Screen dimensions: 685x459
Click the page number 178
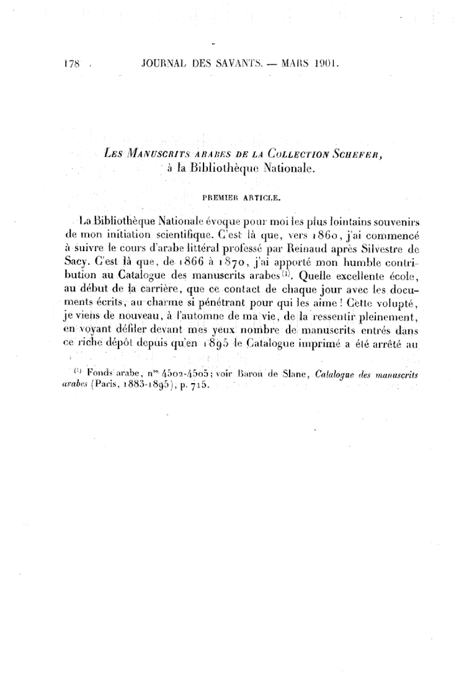click(73, 63)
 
